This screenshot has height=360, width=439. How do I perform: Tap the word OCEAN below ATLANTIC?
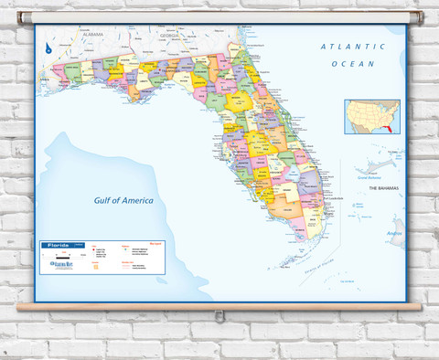click(x=347, y=64)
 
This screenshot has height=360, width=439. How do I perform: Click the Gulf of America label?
click(x=124, y=200)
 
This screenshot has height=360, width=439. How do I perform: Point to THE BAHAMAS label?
click(x=386, y=188)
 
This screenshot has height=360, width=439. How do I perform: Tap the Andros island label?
click(x=394, y=234)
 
